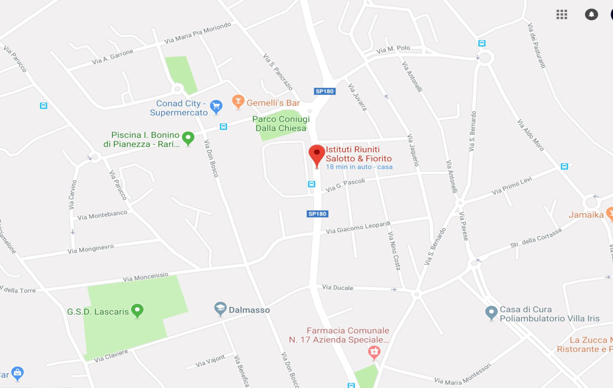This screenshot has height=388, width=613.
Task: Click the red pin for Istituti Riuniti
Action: tap(317, 153)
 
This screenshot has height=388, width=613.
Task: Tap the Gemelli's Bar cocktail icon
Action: tap(238, 101)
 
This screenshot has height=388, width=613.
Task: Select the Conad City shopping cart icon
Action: tap(216, 106)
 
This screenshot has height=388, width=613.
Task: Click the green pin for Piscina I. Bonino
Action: tap(188, 138)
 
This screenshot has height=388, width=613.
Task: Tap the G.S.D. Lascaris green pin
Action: tap(137, 310)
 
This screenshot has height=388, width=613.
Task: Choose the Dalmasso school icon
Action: tap(220, 309)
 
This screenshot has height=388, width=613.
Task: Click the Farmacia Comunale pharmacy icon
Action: tap(374, 352)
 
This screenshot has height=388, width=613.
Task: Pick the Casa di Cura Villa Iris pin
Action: tap(491, 312)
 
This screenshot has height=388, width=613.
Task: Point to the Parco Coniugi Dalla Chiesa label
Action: tap(281, 124)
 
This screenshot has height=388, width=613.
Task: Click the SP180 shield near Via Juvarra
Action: tap(324, 91)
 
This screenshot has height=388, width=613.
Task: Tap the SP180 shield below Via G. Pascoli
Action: tap(317, 214)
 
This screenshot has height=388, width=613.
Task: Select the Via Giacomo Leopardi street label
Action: tap(358, 228)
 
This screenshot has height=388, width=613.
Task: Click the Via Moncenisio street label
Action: tap(145, 277)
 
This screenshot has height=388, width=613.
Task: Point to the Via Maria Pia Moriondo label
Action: tap(197, 33)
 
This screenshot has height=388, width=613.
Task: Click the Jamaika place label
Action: tap(586, 215)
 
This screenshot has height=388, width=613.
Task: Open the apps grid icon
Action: tap(562, 14)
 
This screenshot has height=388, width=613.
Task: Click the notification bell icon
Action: tap(591, 14)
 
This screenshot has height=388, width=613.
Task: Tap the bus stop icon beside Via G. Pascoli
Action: tap(311, 184)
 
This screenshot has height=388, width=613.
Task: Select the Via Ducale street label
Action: tap(337, 288)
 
